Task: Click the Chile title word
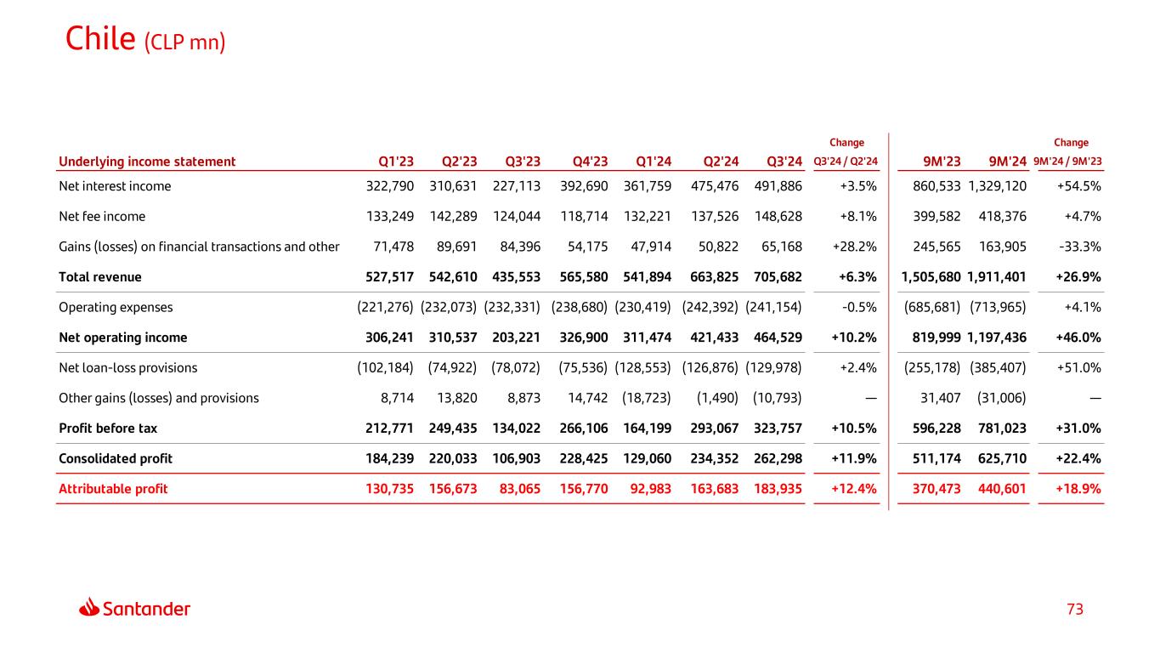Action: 100,39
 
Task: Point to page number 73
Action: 1075,609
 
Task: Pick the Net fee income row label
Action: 102,216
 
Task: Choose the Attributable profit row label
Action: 113,489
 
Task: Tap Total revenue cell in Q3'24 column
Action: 778,276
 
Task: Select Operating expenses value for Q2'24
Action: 710,307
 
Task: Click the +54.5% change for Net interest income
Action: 1078,185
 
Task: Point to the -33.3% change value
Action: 1079,247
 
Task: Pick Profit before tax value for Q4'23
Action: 581,428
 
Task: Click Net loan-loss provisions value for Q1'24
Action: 642,367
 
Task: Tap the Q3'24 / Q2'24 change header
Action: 846,162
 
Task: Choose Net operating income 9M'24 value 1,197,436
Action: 997,338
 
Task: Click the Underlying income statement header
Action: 147,162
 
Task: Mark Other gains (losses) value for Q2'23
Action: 457,398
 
